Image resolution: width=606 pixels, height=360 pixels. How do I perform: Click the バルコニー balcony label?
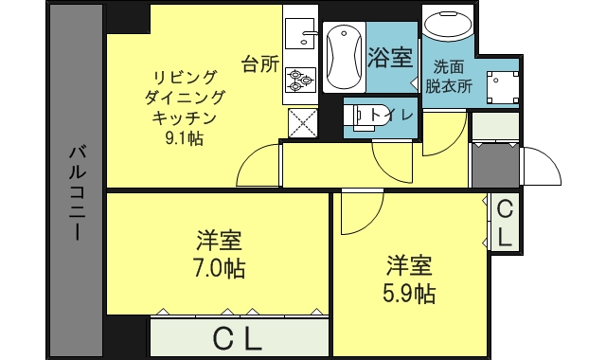[78, 189]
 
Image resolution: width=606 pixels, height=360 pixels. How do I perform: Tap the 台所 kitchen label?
[260, 64]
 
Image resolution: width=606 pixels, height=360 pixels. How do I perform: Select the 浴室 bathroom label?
[389, 57]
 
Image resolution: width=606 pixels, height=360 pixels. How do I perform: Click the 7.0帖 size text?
[221, 267]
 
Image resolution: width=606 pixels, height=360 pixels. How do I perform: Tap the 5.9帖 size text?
[410, 293]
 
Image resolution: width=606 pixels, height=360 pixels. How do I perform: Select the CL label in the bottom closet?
[236, 339]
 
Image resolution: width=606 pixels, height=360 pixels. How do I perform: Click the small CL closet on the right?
[505, 224]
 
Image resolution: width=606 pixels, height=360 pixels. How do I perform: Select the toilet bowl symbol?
[364, 116]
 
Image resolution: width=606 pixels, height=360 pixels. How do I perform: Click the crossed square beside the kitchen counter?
[302, 122]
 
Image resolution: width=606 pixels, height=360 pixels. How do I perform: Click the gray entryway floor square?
[494, 165]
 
